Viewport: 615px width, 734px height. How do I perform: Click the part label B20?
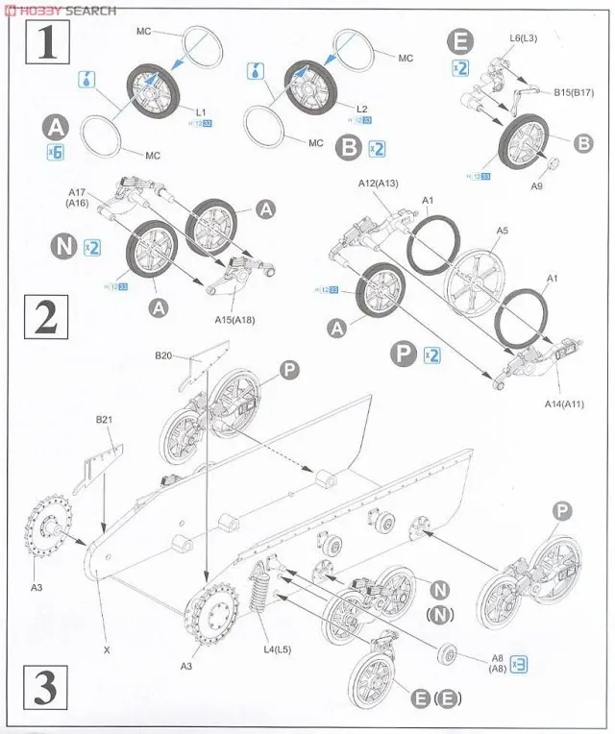click(x=164, y=355)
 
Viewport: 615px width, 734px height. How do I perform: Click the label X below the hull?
click(x=107, y=650)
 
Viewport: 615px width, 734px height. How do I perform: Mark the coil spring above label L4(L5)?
click(x=258, y=588)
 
